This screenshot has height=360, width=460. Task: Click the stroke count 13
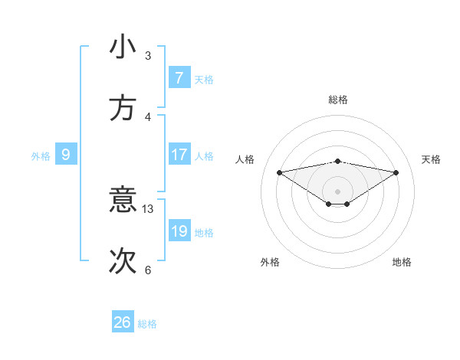point(148,209)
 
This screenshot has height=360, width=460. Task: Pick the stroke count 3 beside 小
point(148,56)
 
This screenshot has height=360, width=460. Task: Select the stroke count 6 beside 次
point(148,270)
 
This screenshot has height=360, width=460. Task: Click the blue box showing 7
point(179,77)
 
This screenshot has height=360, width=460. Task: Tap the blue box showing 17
point(179,154)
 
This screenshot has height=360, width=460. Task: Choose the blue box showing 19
point(179,231)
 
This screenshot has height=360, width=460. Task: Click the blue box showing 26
point(123,322)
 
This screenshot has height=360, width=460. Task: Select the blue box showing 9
point(66,155)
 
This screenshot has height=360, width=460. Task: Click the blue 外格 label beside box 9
point(41,156)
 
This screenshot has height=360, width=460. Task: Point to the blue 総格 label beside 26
point(147,324)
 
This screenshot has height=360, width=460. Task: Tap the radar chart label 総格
point(338,100)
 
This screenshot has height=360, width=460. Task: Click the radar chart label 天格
point(432,159)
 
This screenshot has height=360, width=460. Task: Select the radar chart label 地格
point(402,262)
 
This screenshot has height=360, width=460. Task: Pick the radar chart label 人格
point(245,159)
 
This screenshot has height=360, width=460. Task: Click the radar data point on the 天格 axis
point(396,172)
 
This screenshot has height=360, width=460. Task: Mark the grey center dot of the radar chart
point(338,191)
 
